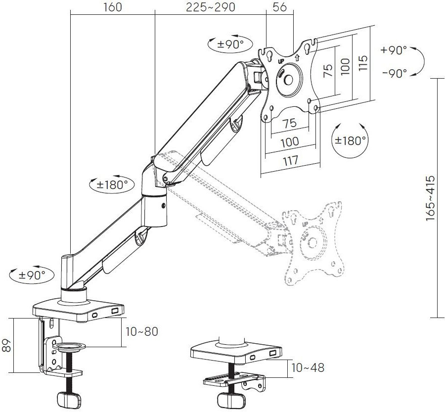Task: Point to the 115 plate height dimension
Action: coord(364,64)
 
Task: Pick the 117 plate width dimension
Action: coord(290,160)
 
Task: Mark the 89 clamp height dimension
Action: coord(7,346)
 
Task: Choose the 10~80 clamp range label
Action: coord(141,331)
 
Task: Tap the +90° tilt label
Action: coord(394,50)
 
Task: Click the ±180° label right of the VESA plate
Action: coord(351,140)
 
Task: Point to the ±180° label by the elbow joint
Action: coord(112,184)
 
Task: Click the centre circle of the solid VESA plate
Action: coord(290,79)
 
